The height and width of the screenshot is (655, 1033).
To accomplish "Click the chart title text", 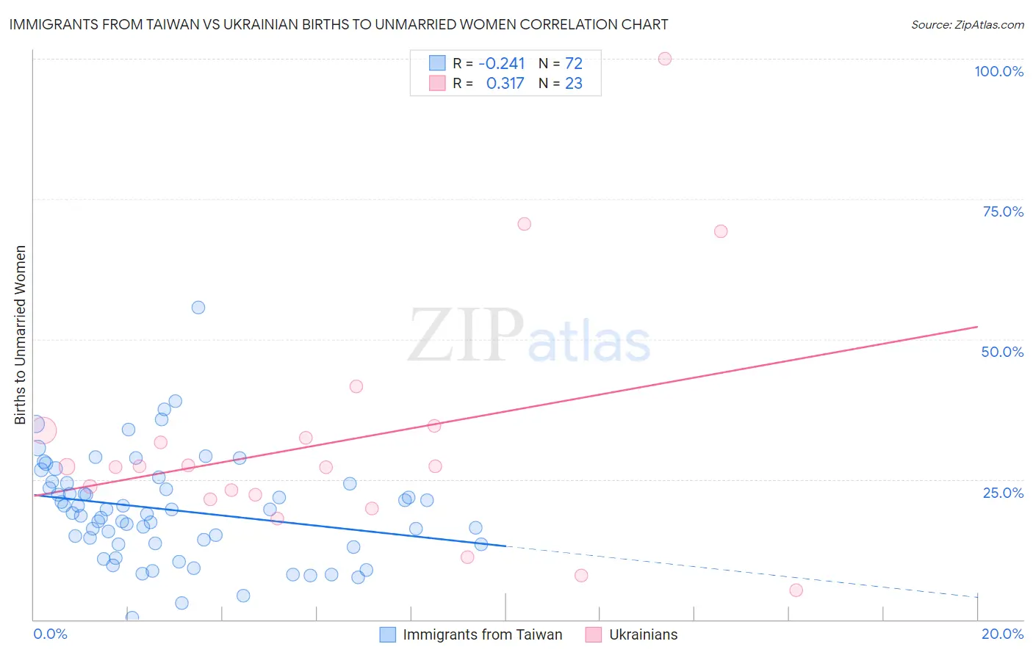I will [339, 24].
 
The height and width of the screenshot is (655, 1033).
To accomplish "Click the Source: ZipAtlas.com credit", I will [967, 24].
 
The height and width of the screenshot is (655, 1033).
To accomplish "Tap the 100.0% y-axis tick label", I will [998, 71].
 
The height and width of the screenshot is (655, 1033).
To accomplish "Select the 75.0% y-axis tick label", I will [1003, 211].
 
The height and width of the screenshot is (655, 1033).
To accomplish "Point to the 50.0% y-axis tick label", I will [1002, 352].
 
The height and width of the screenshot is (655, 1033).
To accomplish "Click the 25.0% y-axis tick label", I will [1003, 493].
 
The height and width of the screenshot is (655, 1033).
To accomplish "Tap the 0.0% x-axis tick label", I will [50, 634].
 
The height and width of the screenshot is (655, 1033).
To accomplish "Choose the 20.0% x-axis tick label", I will [1002, 634].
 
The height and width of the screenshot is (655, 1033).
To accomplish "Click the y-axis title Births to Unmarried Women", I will [21, 335].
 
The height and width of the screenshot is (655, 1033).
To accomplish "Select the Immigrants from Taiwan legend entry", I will [482, 634].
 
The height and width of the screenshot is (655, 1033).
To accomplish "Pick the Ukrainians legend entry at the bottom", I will [643, 634].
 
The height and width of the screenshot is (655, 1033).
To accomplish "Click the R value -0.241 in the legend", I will [501, 64].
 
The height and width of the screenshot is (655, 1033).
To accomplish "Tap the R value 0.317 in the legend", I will [505, 84].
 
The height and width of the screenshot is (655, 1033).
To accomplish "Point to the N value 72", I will [574, 64].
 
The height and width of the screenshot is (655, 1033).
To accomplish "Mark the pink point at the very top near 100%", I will [665, 59].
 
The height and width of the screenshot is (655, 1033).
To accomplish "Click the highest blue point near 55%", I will [198, 308].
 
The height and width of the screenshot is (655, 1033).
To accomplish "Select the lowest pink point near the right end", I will [796, 590].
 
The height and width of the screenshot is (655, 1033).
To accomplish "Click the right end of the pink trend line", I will [977, 327].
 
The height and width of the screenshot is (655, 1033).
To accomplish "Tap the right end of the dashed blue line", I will [977, 596].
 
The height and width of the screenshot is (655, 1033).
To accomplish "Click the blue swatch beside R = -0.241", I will [437, 63].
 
